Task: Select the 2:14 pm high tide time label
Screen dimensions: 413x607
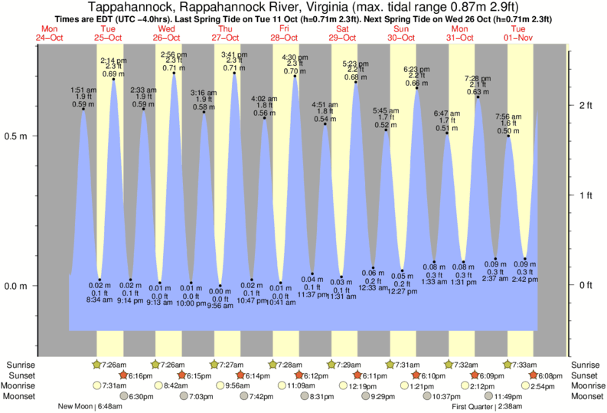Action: pyautogui.click(x=113, y=61)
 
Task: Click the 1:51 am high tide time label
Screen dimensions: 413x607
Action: pyautogui.click(x=83, y=90)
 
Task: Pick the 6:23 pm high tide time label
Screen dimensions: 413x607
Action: pyautogui.click(x=416, y=69)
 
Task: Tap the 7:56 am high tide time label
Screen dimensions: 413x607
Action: pyautogui.click(x=508, y=117)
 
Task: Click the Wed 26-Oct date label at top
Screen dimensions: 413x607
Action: pyautogui.click(x=165, y=32)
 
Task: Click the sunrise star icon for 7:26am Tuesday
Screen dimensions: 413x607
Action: pyautogui.click(x=96, y=364)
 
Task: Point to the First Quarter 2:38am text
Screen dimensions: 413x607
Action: pyautogui.click(x=488, y=406)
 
